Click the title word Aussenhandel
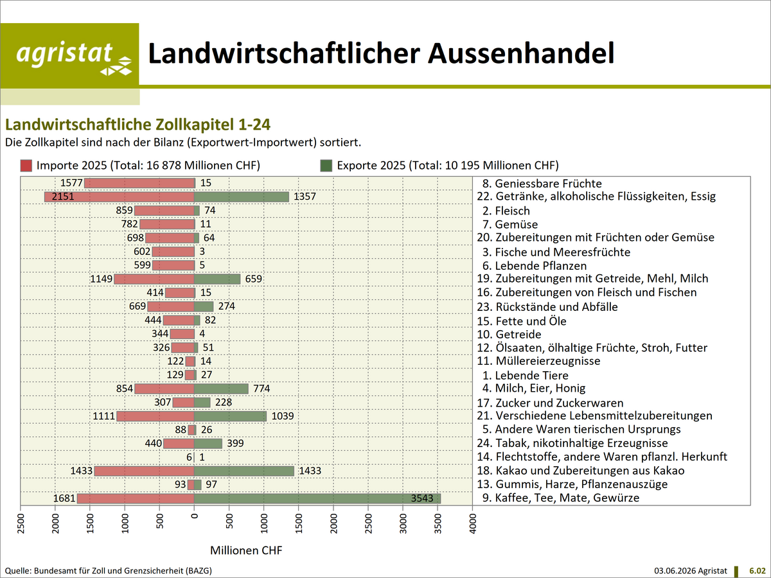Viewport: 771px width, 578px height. pos(521,53)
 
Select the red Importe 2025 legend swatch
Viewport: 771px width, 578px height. pos(26,166)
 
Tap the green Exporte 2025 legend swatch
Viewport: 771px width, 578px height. pos(326,166)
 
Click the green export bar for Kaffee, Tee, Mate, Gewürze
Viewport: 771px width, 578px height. pos(317,498)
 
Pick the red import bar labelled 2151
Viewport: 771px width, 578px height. pos(120,197)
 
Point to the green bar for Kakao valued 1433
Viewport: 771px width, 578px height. pos(244,471)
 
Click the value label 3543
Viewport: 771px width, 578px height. pos(422,498)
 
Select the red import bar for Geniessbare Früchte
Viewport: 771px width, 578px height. pos(139,183)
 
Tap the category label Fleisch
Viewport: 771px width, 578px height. pos(512,211)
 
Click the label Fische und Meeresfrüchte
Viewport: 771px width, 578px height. pos(562,252)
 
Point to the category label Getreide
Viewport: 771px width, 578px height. pos(518,334)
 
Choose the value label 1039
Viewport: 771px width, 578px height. pos(283,416)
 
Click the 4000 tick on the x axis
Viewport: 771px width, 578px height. pos(473,523)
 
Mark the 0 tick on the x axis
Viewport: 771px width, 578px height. pos(194,516)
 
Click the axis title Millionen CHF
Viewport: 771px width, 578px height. pos(246,550)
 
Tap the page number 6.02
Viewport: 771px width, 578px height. pos(758,571)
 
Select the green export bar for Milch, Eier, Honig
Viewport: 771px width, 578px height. pos(221,389)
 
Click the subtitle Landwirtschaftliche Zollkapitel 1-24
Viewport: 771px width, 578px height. pos(137,125)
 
